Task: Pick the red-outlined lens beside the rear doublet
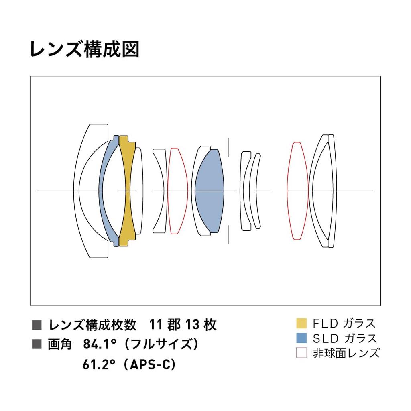297,191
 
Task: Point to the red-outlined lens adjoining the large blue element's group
177,191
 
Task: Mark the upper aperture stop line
228,147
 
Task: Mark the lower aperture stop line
228,234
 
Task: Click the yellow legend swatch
301,323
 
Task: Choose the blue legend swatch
301,338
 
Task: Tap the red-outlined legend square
301,353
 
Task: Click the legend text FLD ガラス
344,323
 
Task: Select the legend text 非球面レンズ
346,353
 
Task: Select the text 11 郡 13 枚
183,324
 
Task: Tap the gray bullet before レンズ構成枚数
36,324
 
